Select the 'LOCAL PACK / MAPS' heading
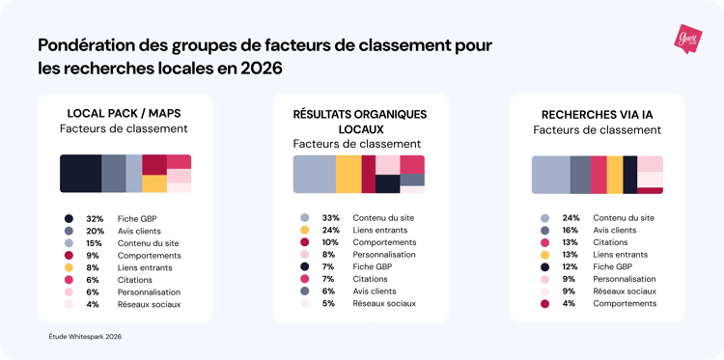tap(125, 113)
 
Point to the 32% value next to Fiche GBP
tap(95, 219)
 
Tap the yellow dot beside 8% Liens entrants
tap(69, 267)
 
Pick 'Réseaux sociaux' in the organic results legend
tap(384, 303)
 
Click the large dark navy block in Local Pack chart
tap(80, 173)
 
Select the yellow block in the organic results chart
tap(348, 174)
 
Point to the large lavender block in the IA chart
tap(550, 175)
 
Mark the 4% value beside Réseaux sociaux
tap(95, 304)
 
